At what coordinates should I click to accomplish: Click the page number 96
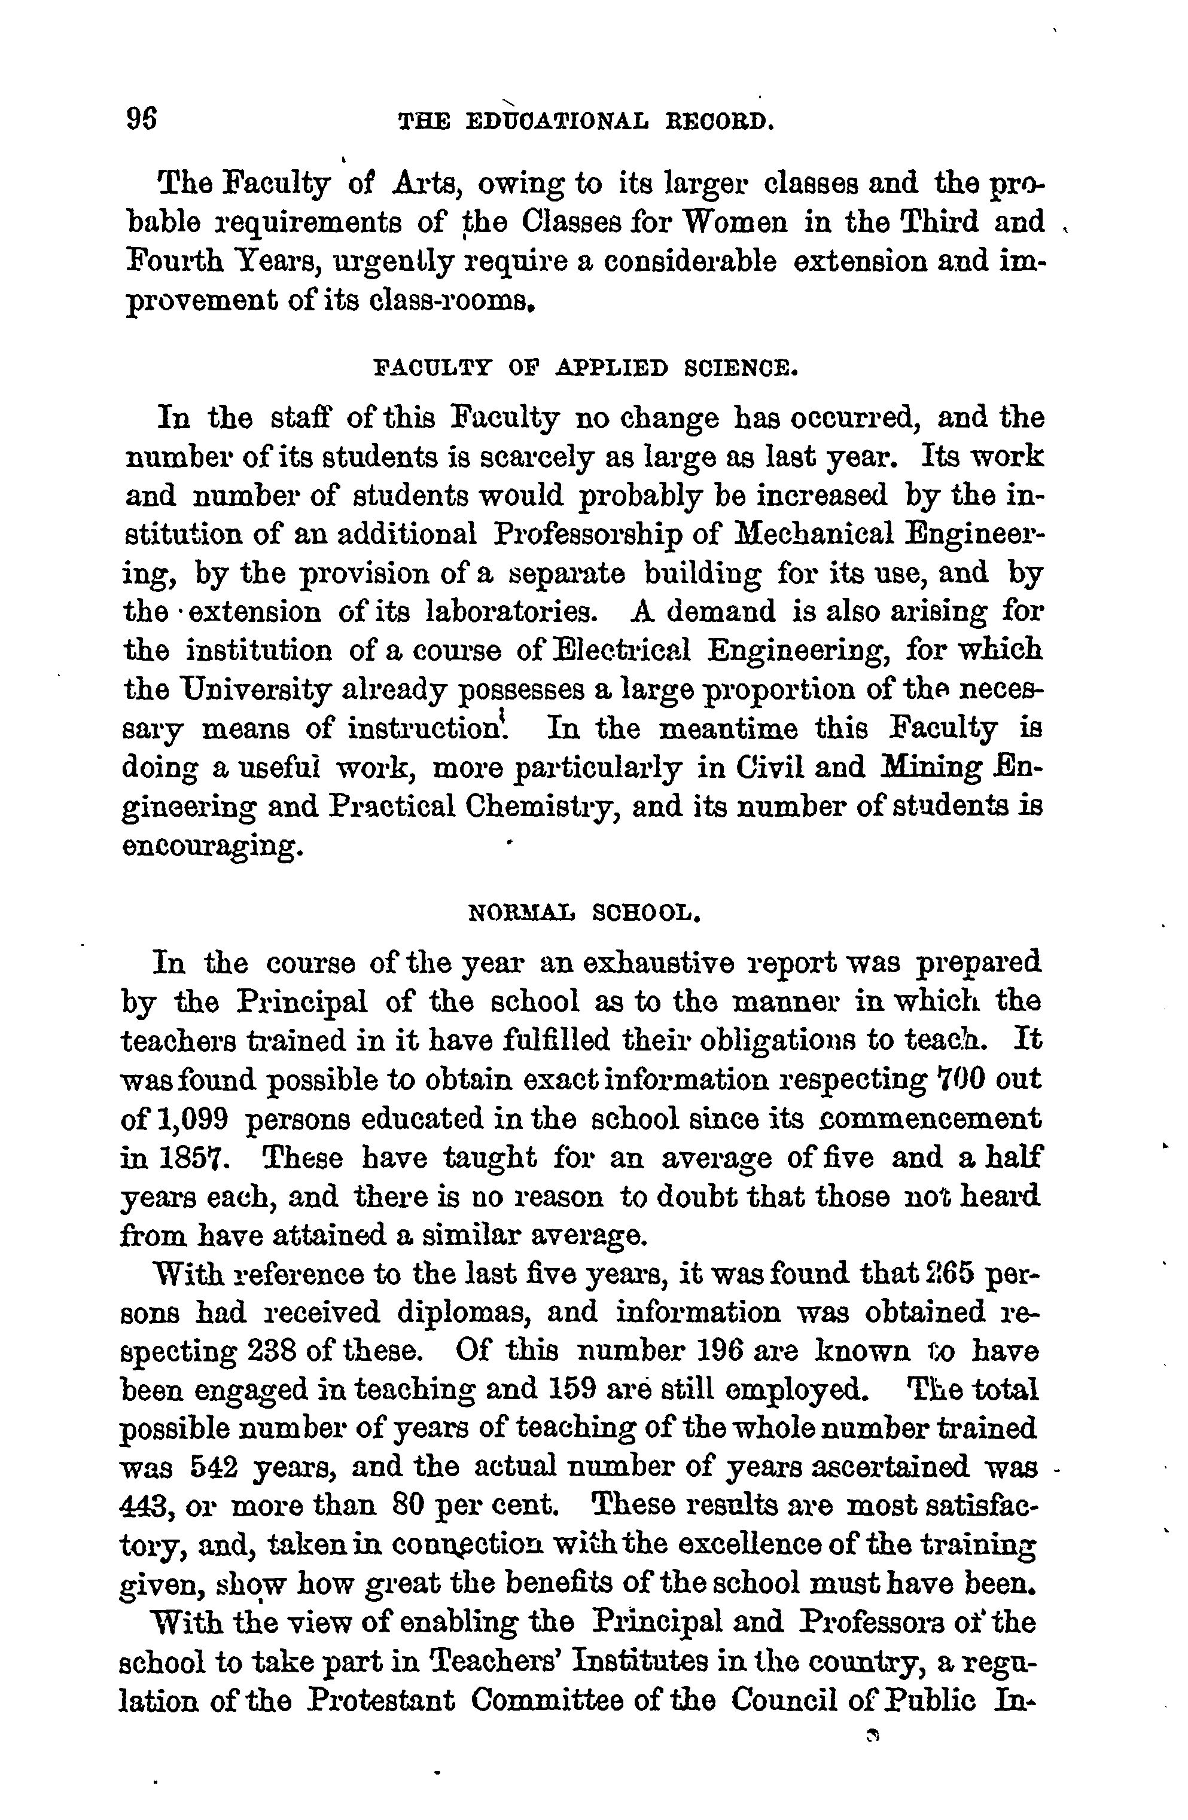(x=142, y=120)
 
